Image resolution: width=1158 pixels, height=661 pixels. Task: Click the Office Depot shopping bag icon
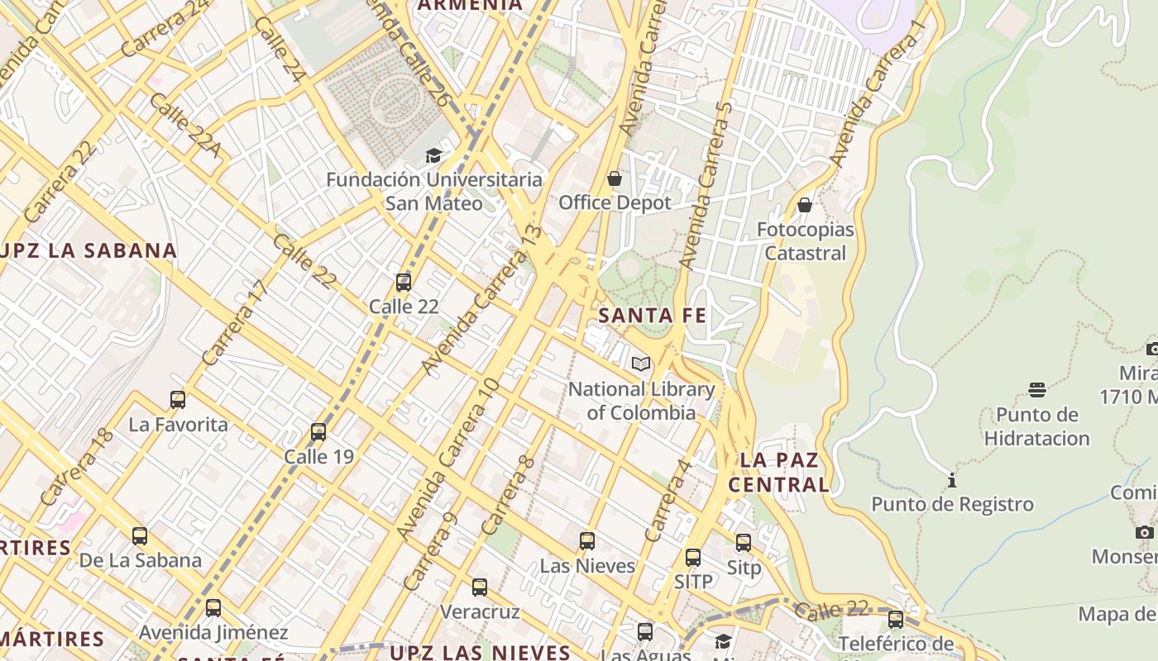[615, 178]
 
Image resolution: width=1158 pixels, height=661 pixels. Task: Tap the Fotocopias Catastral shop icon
[805, 205]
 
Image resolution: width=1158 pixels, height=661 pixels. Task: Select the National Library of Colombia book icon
[641, 364]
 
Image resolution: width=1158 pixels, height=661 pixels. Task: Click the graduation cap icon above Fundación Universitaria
[433, 155]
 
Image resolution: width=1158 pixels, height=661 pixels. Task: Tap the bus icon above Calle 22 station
[404, 283]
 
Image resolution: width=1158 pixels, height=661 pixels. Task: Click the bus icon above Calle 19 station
[318, 432]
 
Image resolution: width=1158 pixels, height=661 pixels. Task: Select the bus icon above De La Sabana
[140, 536]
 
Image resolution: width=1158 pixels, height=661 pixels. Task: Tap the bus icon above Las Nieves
[587, 542]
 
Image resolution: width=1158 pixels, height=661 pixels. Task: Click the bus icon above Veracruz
[480, 588]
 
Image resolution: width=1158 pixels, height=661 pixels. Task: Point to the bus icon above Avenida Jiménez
[213, 609]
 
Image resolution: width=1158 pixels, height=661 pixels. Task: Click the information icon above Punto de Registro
[952, 480]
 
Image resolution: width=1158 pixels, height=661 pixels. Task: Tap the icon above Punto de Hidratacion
[1037, 390]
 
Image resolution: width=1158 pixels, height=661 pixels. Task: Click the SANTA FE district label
[652, 316]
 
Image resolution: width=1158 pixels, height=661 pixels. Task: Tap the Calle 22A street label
[185, 125]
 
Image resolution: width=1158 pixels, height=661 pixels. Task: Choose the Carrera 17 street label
[236, 323]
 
